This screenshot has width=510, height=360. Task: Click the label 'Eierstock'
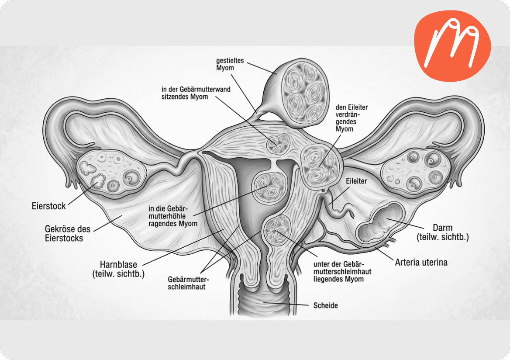pyautogui.click(x=49, y=206)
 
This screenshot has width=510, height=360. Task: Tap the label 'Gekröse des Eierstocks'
pyautogui.click(x=64, y=233)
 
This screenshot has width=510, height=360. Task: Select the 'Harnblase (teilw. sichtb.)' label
pyautogui.click(x=118, y=269)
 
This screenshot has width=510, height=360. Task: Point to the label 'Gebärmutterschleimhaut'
pyautogui.click(x=188, y=283)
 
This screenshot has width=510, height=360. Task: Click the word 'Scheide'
pyautogui.click(x=326, y=306)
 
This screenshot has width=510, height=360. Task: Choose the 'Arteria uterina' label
pyautogui.click(x=421, y=262)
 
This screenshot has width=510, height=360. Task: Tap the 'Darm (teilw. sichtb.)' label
pyautogui.click(x=443, y=232)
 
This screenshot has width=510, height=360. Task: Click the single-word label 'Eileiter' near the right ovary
pyautogui.click(x=356, y=181)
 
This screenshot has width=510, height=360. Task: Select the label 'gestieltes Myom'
pyautogui.click(x=230, y=64)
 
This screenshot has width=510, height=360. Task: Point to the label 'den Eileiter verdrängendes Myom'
pyautogui.click(x=351, y=118)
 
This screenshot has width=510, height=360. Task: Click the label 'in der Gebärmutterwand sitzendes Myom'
pyautogui.click(x=196, y=93)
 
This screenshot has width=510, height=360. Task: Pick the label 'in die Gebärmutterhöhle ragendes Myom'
pyautogui.click(x=173, y=216)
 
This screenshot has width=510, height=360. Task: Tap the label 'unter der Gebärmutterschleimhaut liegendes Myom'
pyautogui.click(x=342, y=272)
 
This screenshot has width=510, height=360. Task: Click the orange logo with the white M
pyautogui.click(x=452, y=45)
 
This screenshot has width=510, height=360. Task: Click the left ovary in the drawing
pyautogui.click(x=110, y=173)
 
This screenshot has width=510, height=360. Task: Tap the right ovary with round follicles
pyautogui.click(x=416, y=172)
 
